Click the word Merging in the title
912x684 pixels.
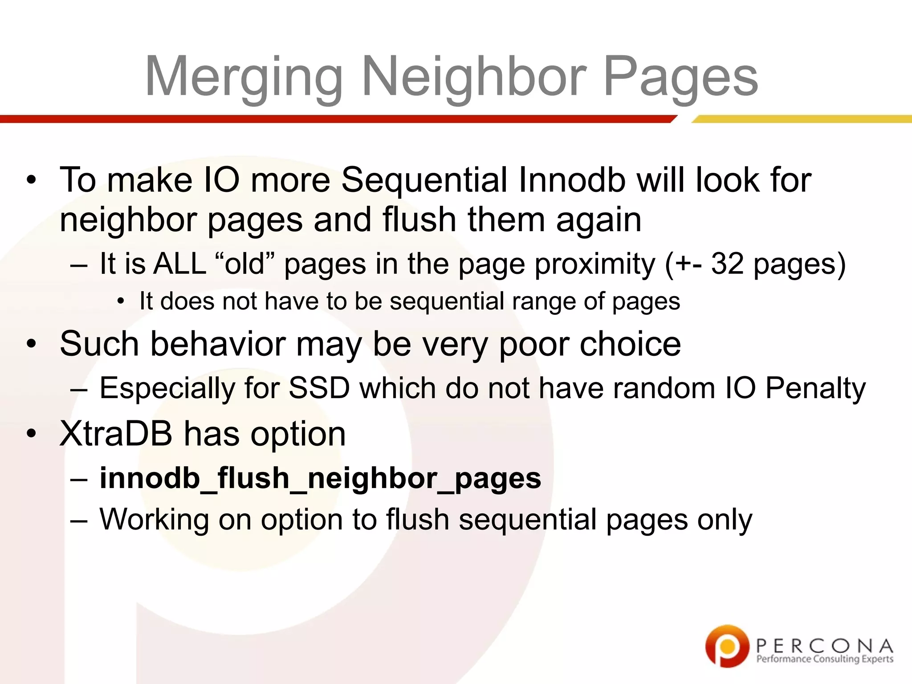point(244,77)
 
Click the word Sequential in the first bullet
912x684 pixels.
point(424,180)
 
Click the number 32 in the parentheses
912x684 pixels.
point(727,263)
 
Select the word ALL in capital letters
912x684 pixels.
point(179,263)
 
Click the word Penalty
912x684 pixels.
point(815,388)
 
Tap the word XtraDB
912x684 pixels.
point(116,434)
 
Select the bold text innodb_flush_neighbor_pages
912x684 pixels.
point(320,478)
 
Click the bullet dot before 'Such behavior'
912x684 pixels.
point(31,344)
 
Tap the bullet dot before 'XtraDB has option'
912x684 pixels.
point(31,434)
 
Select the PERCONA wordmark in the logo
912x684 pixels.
point(824,645)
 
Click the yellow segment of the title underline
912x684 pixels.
point(802,119)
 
